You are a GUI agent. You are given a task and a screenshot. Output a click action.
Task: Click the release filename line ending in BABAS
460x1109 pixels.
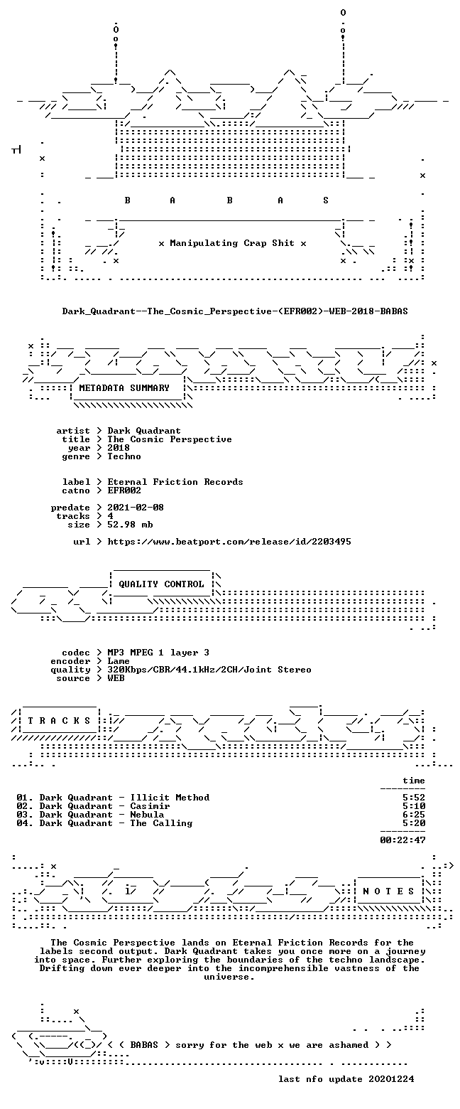tap(235, 311)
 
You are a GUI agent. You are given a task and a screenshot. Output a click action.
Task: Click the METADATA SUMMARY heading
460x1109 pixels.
tap(124, 388)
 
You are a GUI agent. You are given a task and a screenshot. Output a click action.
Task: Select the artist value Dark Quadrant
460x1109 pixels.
tap(144, 431)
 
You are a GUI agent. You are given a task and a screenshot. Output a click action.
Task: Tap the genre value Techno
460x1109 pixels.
tap(124, 456)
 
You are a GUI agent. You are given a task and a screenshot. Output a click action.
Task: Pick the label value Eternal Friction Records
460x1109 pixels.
tap(175, 482)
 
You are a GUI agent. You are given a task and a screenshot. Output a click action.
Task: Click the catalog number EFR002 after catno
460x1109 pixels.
tap(124, 491)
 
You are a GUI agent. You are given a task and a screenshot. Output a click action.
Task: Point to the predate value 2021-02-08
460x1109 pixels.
tap(136, 508)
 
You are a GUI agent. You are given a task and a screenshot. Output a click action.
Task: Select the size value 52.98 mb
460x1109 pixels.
tap(130, 525)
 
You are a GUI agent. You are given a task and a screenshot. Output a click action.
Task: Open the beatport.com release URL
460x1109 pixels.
tap(229, 542)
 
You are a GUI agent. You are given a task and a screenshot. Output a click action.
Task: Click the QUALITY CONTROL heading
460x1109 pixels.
tap(161, 584)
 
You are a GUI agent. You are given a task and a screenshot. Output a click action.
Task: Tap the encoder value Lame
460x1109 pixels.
tap(119, 661)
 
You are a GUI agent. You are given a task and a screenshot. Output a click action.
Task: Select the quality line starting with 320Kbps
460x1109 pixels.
tap(209, 670)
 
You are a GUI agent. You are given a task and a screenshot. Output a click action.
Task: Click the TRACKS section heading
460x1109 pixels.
tap(60, 721)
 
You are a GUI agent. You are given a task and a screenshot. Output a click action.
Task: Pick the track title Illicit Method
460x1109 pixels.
tap(170, 798)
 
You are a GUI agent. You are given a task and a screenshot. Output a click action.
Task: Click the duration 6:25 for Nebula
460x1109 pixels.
tap(414, 815)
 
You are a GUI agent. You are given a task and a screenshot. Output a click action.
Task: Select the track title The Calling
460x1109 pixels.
tap(161, 823)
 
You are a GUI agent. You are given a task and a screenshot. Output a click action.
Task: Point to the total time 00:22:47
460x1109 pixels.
tap(402, 840)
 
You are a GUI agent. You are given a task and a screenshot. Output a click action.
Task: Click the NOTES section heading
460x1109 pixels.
tap(389, 891)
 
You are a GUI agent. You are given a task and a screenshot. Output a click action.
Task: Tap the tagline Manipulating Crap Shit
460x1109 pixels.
tap(232, 243)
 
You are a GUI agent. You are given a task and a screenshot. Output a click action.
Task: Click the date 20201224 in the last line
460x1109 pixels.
tap(391, 1079)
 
